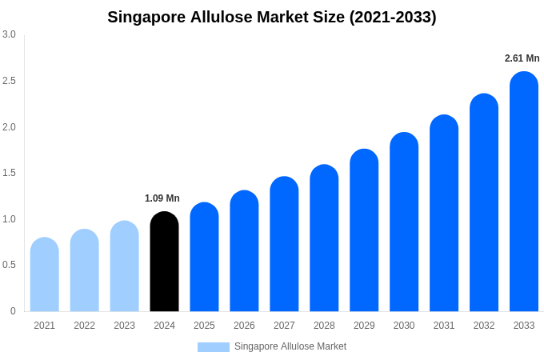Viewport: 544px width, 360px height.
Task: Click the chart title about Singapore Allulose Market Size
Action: (x=272, y=17)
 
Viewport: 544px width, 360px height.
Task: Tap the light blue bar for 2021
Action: (x=45, y=275)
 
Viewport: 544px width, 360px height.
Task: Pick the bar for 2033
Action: (x=524, y=192)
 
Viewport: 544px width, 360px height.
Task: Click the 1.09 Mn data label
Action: (x=162, y=198)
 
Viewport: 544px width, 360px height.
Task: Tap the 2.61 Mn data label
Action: (x=522, y=58)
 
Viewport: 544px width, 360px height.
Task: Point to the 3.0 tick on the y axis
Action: (x=9, y=34)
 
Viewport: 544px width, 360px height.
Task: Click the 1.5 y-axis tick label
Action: (x=9, y=173)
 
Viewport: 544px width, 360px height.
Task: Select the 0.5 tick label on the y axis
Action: (x=9, y=265)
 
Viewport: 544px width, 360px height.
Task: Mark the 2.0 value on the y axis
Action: (x=9, y=127)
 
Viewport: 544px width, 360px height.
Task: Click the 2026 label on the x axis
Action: (x=244, y=326)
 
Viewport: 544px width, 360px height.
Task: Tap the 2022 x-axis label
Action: (x=84, y=326)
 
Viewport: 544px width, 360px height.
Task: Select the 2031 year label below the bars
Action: (x=444, y=326)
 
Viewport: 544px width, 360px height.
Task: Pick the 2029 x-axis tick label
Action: (x=364, y=326)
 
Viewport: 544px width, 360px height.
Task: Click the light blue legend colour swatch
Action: (x=214, y=347)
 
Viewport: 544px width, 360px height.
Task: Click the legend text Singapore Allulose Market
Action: (x=290, y=346)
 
